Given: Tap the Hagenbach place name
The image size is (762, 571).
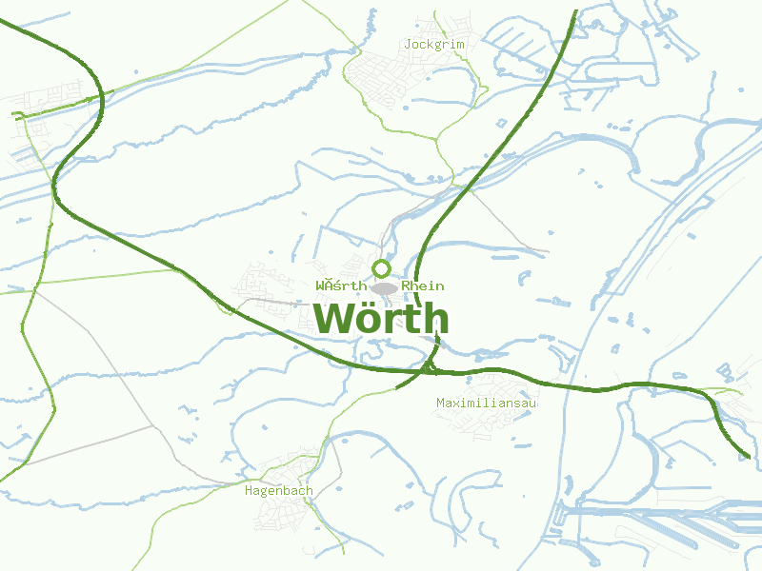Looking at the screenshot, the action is (x=279, y=491).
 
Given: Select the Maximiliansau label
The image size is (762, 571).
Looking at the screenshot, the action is (x=487, y=403).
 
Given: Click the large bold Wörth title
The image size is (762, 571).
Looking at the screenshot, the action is (x=381, y=318).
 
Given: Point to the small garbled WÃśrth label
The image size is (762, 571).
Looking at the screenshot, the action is (x=341, y=285).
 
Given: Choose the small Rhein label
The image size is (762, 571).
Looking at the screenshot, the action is (x=423, y=285).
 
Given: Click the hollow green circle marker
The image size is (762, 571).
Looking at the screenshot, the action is (x=382, y=268).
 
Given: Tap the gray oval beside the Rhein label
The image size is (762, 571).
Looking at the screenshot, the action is (x=384, y=287).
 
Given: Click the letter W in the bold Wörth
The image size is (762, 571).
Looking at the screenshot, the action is (x=333, y=318).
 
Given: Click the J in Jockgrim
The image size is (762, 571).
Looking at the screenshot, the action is (x=408, y=44).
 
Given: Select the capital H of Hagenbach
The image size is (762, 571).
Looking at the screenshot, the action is (x=249, y=491).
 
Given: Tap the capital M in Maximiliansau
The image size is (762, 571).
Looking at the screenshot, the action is (x=440, y=403).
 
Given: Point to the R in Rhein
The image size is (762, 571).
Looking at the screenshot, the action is (x=406, y=285).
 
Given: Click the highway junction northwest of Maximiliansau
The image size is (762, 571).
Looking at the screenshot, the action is (x=428, y=366).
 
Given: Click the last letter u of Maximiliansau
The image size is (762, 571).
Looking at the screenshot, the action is (x=533, y=403).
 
